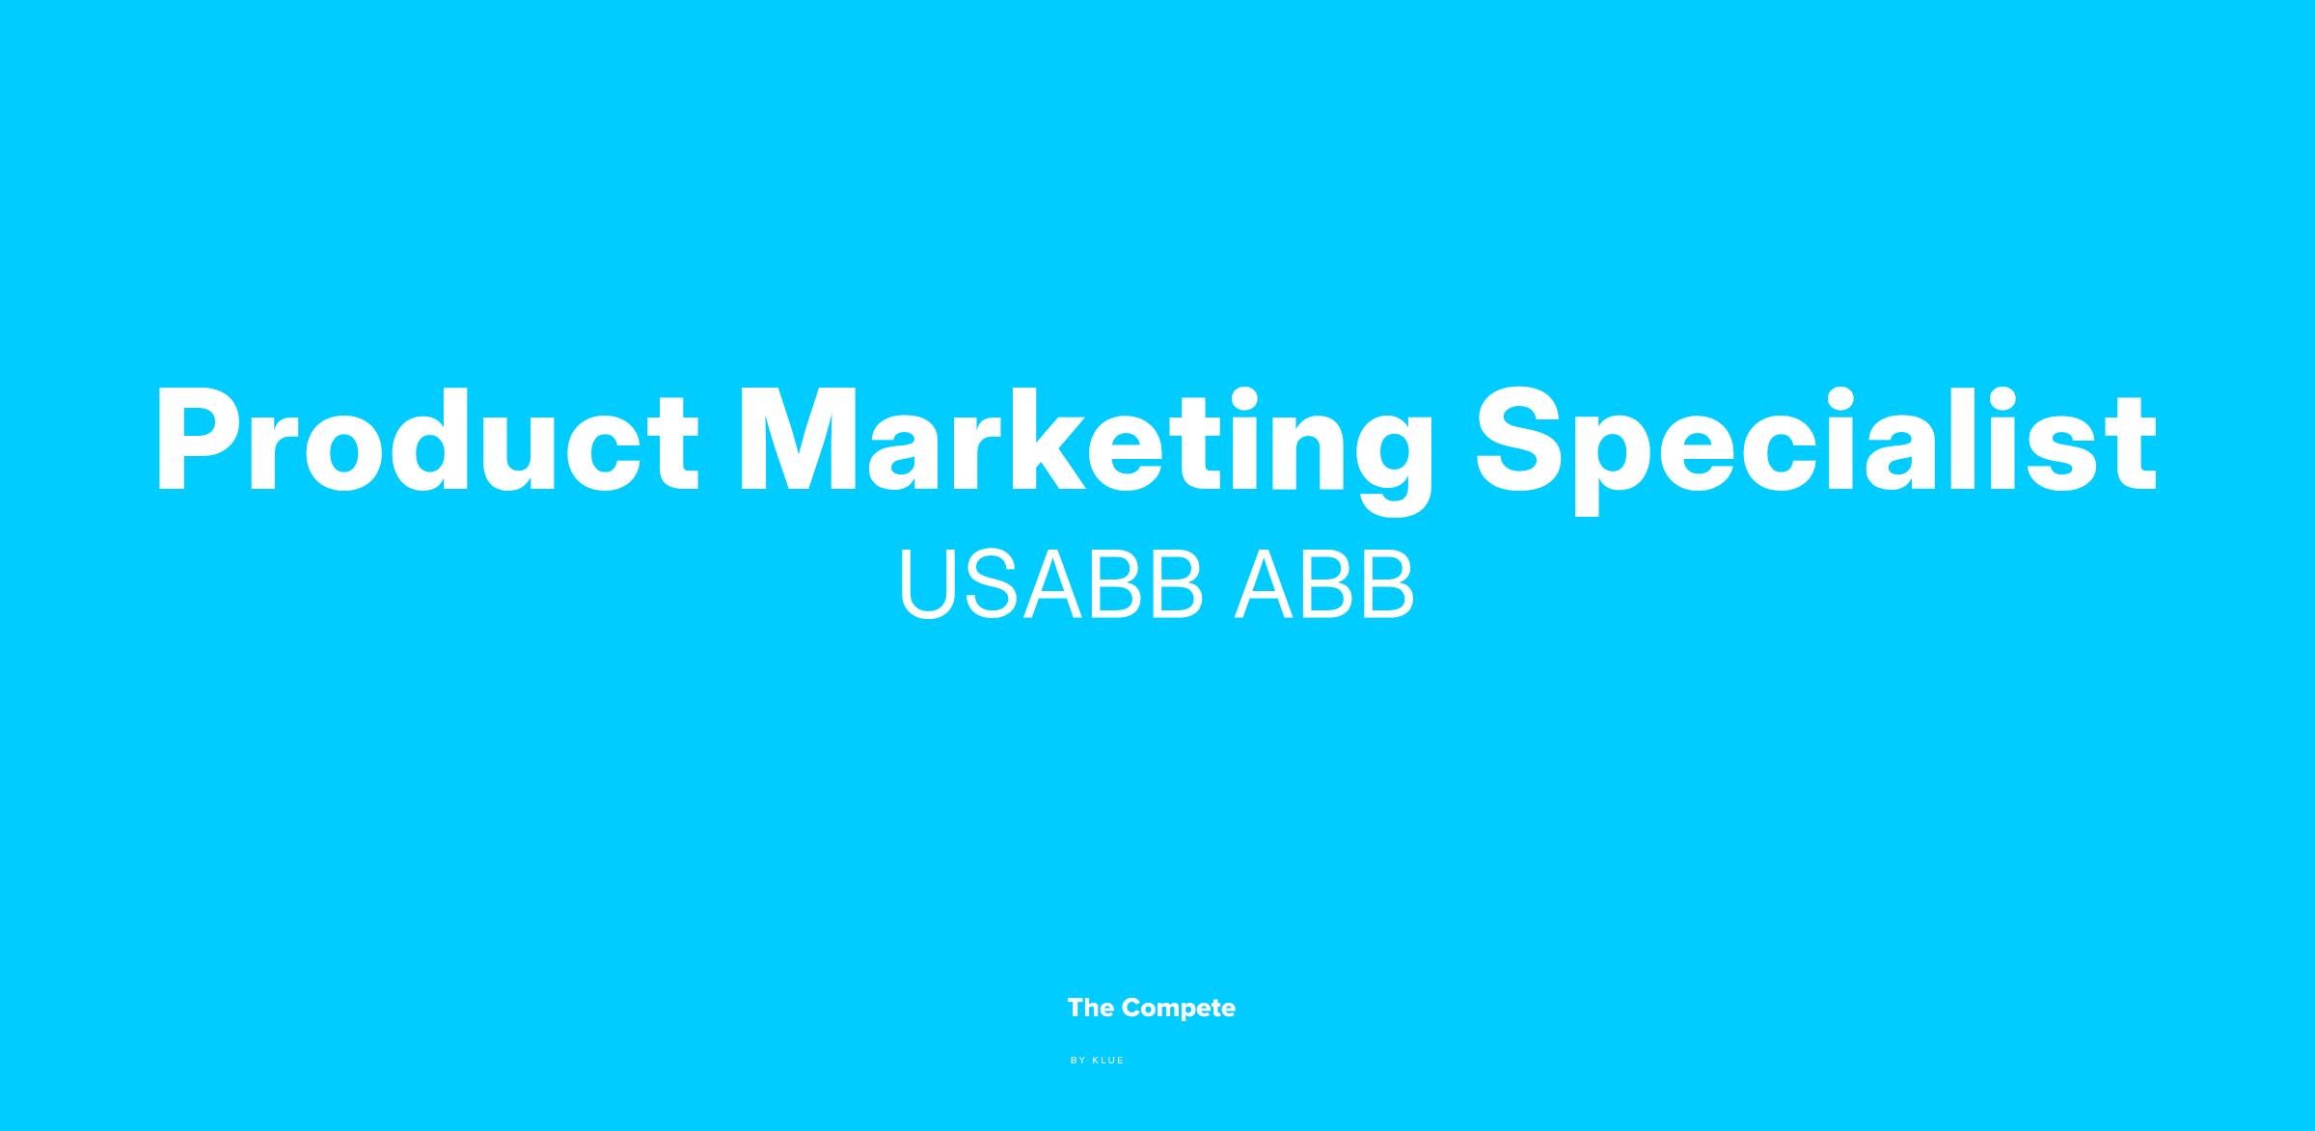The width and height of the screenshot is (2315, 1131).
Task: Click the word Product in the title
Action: (x=427, y=440)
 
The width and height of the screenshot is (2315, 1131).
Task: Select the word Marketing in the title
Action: (x=1086, y=450)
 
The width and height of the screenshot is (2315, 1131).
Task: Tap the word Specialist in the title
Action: (x=1816, y=450)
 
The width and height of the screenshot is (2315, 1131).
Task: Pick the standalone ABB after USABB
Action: (x=1324, y=585)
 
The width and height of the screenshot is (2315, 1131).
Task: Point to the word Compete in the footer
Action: (x=1179, y=1009)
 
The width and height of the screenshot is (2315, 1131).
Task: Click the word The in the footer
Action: (x=1091, y=1009)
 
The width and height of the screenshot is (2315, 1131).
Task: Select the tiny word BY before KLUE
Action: (x=1078, y=1061)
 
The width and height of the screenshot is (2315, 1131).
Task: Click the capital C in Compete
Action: (x=1134, y=1009)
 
